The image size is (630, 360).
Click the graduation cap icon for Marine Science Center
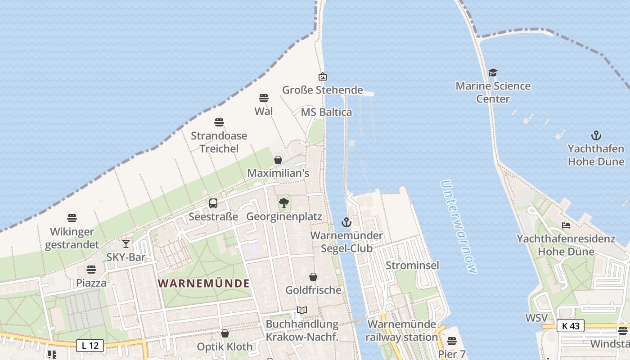pos(493,72)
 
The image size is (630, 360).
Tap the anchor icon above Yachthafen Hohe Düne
pos(596,135)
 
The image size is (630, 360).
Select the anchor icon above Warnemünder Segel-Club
pos(346,222)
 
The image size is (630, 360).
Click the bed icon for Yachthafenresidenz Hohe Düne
pos(566,225)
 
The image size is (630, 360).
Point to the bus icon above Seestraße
pos(213,203)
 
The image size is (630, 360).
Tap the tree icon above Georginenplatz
pos(284,203)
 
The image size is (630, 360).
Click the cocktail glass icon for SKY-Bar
pos(126,244)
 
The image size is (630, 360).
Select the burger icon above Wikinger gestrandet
pos(72,219)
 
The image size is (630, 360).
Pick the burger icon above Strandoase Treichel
pos(219,122)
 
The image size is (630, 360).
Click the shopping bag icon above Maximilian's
pos(278,160)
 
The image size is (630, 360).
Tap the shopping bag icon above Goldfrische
pos(313,277)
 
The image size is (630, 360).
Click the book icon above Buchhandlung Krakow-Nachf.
pos(301,310)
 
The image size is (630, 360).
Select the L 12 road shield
pos(90,346)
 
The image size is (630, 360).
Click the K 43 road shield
pos(570,326)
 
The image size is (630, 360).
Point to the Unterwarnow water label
pos(459,227)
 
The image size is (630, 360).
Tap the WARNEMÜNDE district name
pos(204,283)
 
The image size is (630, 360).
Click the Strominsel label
pos(412,265)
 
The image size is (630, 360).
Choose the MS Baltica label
pos(326,112)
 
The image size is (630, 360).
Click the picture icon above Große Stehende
pos(322,77)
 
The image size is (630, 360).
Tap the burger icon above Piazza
pos(91,270)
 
